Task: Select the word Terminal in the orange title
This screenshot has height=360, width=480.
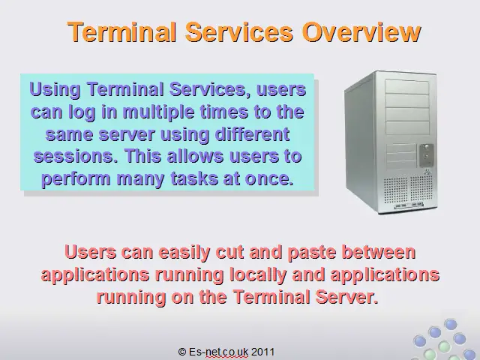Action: point(122,31)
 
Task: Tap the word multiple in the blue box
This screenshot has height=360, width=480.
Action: point(158,112)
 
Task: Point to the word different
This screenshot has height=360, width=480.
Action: point(253,134)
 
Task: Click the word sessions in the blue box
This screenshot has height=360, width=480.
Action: point(76,157)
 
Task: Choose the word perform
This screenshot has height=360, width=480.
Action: point(76,179)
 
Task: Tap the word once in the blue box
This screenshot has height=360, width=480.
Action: point(269,178)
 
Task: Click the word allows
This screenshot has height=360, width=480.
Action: point(196,156)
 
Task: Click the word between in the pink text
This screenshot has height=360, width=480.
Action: point(379,252)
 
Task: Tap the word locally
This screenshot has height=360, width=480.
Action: point(258,275)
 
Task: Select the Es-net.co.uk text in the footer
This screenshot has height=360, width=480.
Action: point(218,352)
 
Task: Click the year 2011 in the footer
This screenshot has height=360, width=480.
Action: point(262,352)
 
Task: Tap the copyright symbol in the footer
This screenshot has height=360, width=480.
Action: point(182,352)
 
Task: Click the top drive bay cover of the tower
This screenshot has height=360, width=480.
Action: point(407,87)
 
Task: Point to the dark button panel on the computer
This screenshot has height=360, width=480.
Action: point(426,155)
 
